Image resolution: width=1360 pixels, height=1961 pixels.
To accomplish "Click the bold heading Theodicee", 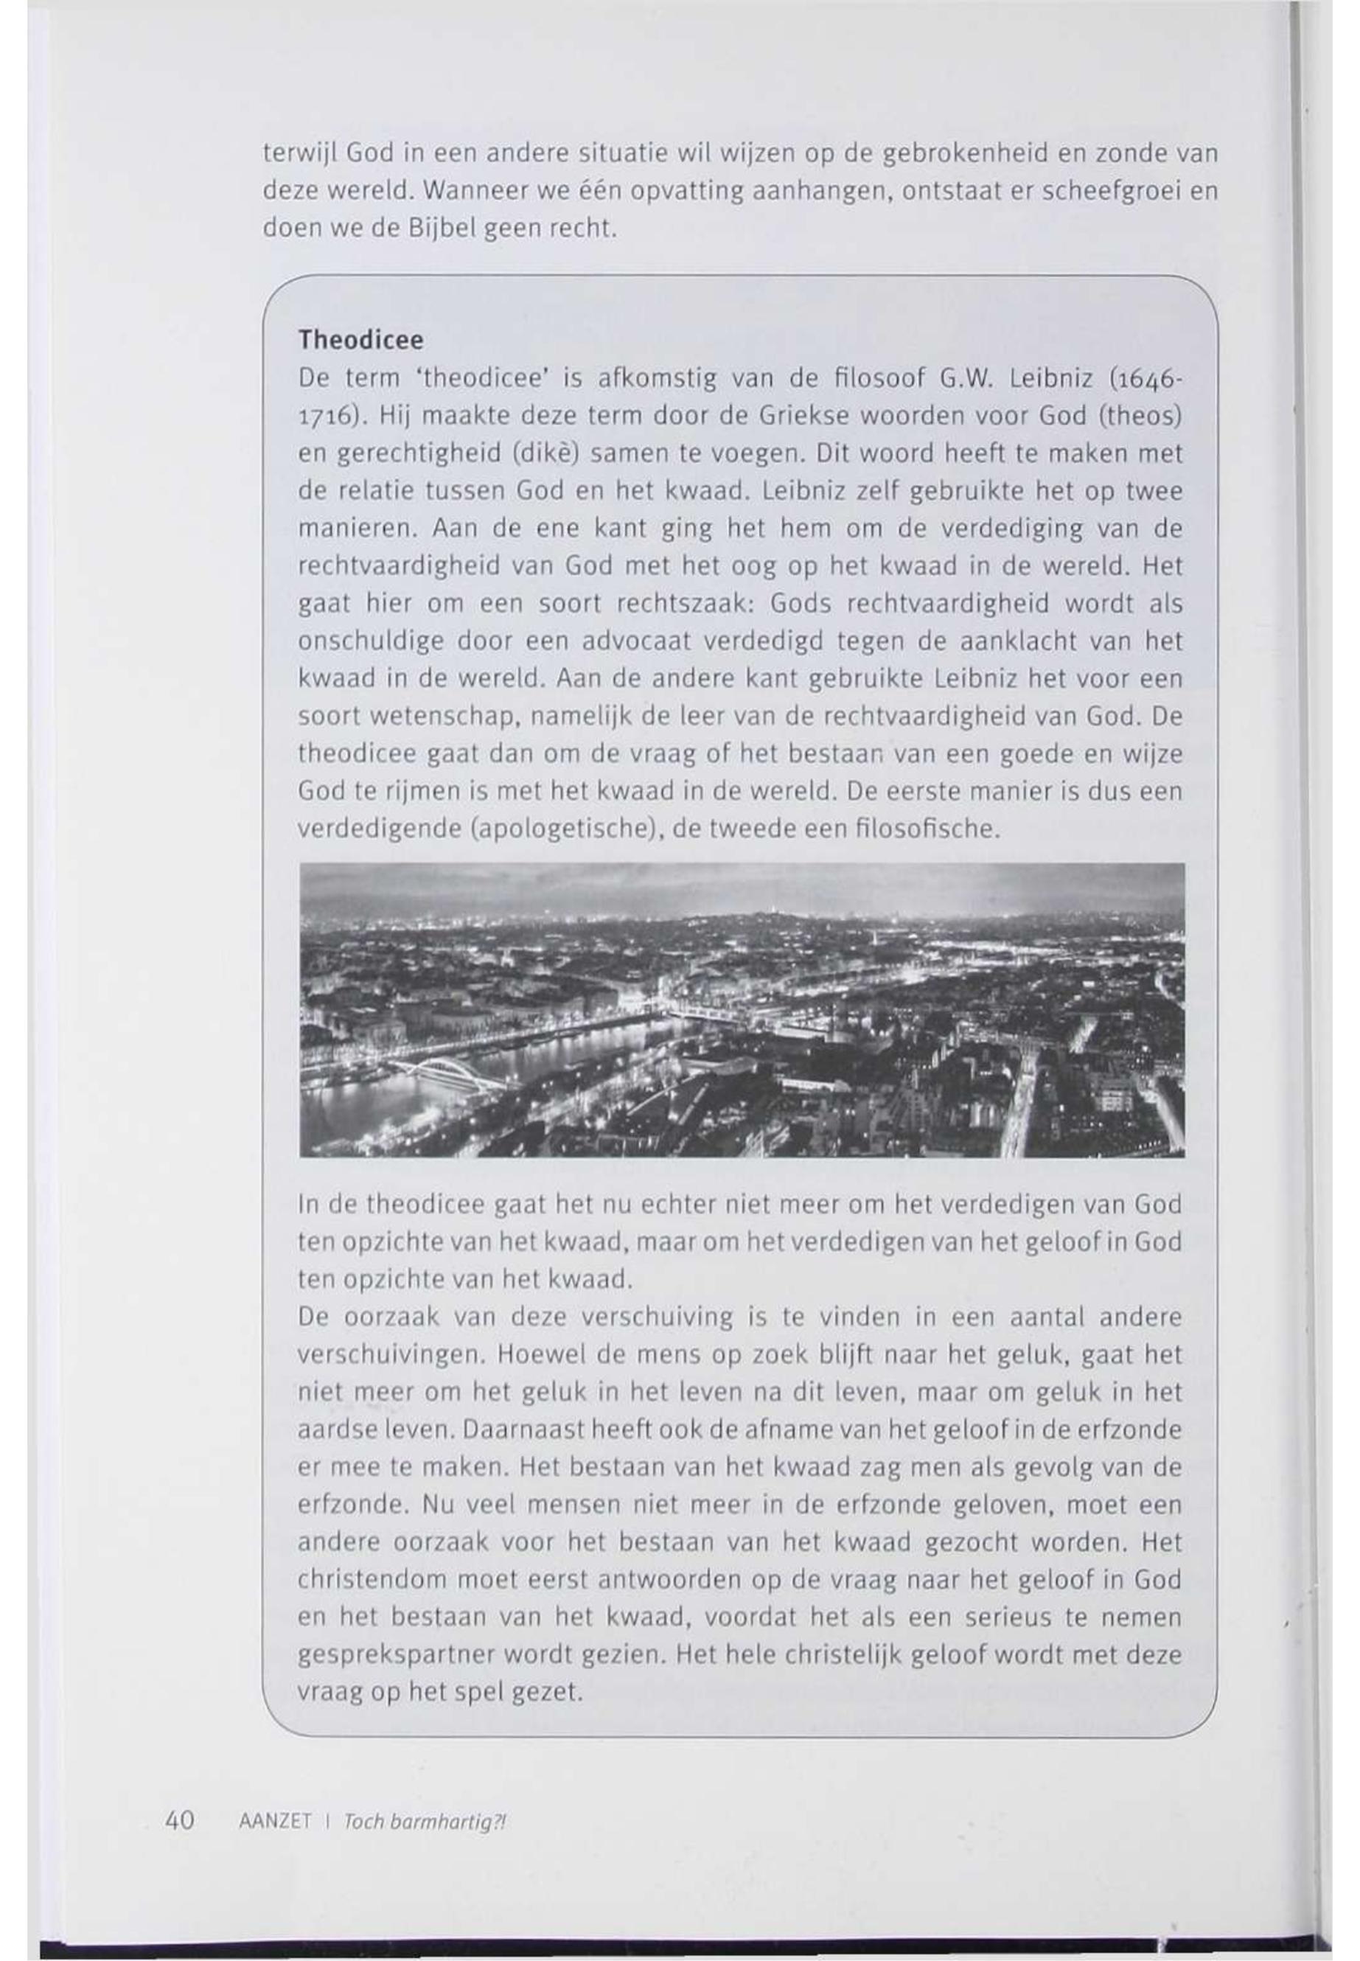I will pyautogui.click(x=360, y=340).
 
